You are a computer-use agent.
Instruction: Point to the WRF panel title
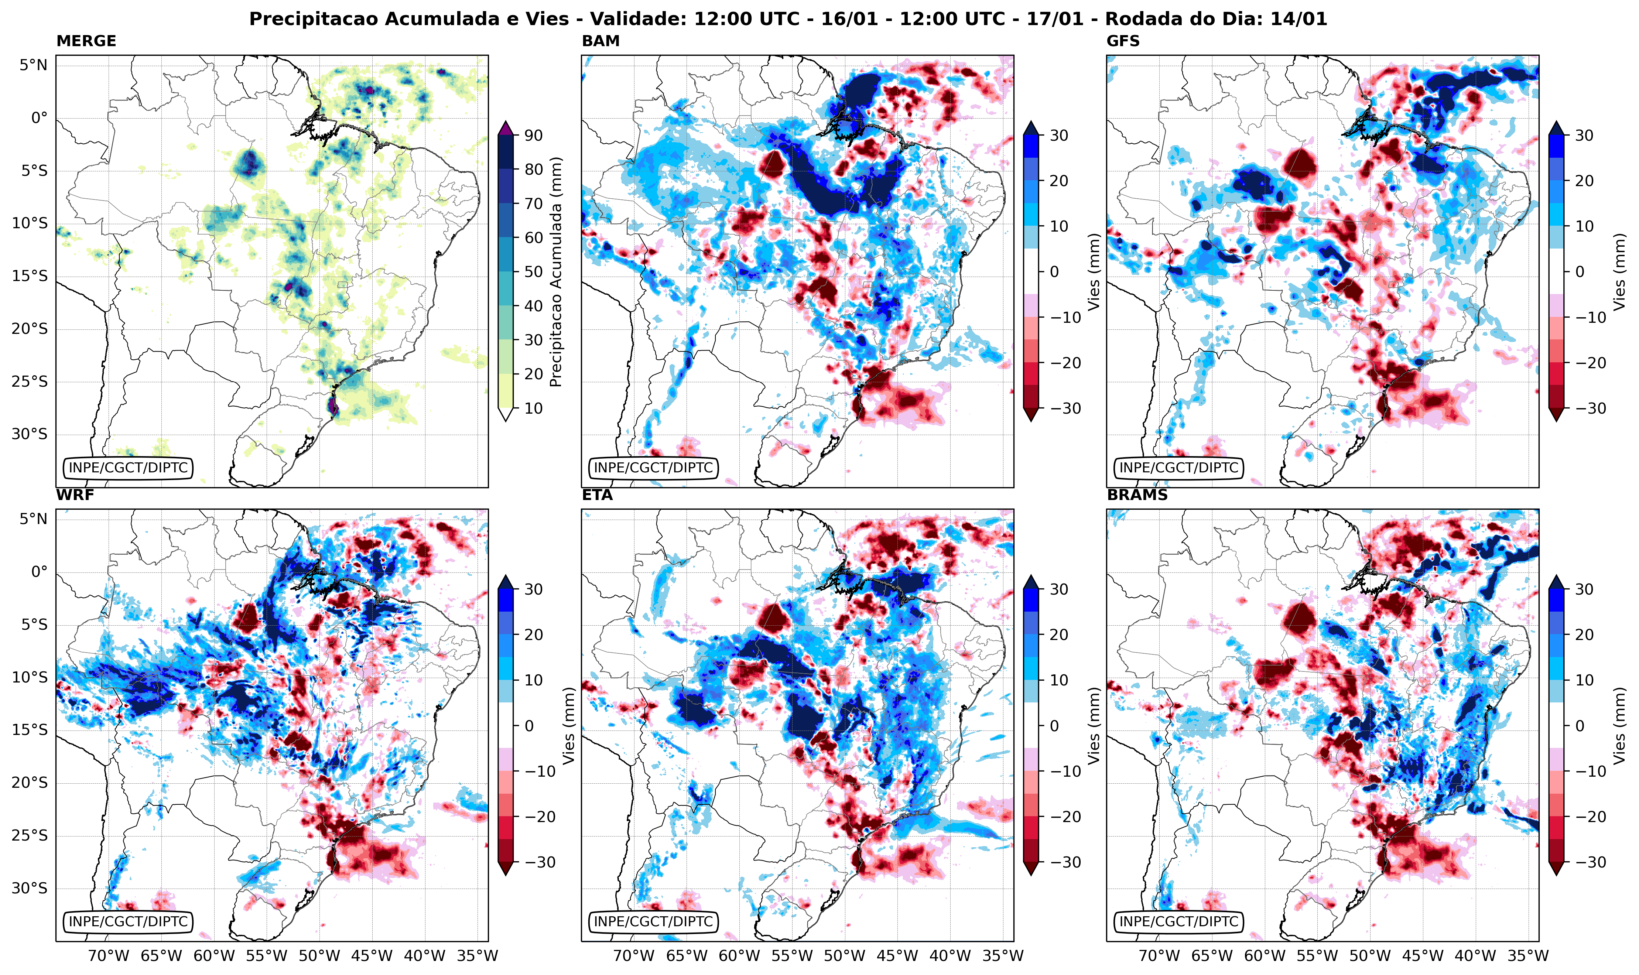pyautogui.click(x=75, y=495)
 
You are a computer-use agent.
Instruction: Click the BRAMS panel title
pyautogui.click(x=1137, y=495)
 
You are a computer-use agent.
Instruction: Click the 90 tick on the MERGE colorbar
pyautogui.click(x=533, y=135)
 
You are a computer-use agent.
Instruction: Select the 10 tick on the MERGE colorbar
pyautogui.click(x=533, y=408)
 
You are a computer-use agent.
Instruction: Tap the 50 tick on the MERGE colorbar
pyautogui.click(x=533, y=272)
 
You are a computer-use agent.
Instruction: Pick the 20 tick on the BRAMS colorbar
pyautogui.click(x=1584, y=634)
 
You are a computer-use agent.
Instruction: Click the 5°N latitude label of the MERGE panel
pyautogui.click(x=33, y=65)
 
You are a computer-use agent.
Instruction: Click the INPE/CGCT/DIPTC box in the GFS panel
pyautogui.click(x=1178, y=468)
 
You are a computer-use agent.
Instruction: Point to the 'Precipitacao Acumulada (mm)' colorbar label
pyautogui.click(x=556, y=272)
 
